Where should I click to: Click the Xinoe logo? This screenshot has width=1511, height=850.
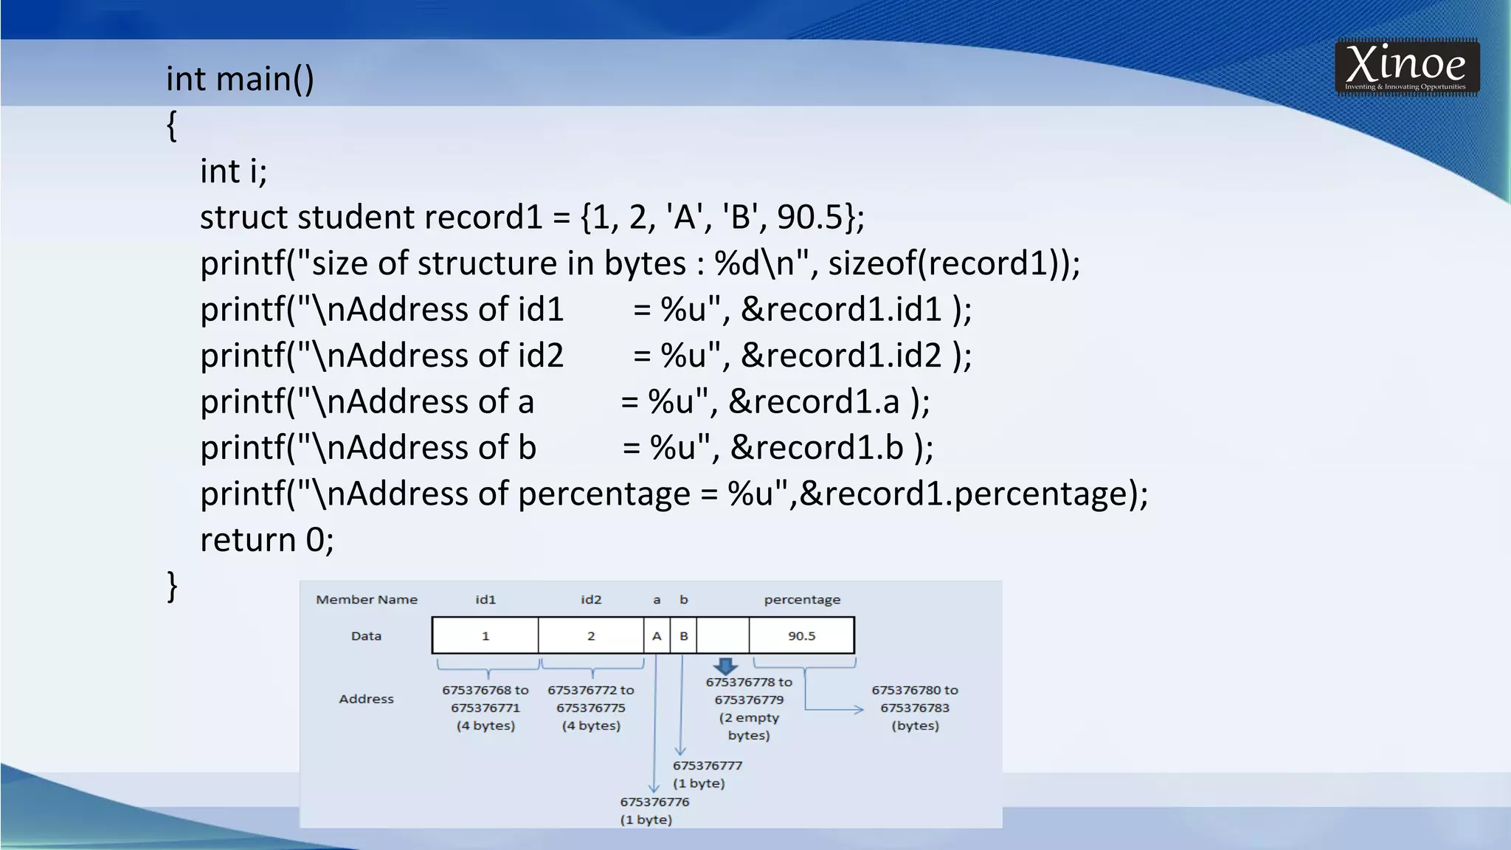(1406, 67)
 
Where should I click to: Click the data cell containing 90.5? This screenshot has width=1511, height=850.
(801, 636)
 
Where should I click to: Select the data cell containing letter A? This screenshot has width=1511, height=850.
(657, 636)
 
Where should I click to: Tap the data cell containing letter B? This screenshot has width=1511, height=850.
(684, 636)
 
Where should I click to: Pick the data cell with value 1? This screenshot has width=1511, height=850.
(485, 636)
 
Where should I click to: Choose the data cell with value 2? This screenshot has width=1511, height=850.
(591, 636)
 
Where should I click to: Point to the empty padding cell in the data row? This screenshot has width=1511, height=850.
(723, 636)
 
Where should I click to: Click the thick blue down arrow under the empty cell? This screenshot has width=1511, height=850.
(726, 666)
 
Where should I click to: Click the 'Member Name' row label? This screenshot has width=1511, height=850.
(367, 600)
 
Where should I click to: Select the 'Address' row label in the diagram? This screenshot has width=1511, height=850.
(367, 699)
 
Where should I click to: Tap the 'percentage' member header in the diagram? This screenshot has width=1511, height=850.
(802, 600)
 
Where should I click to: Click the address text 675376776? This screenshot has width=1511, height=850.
(654, 802)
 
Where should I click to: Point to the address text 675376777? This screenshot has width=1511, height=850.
(707, 766)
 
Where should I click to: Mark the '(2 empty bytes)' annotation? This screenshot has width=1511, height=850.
(749, 726)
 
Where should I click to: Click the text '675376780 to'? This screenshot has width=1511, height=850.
(915, 691)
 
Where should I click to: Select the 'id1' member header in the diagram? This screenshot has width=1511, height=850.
(485, 600)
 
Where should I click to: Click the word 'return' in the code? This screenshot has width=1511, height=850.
(248, 540)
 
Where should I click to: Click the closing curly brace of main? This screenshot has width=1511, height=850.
(172, 587)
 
